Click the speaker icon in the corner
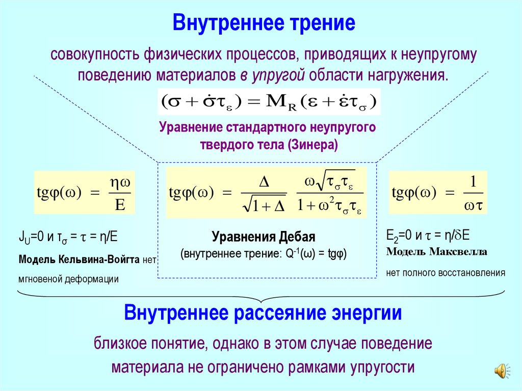(501, 371)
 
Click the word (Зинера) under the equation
(311, 145)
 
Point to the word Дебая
(299, 237)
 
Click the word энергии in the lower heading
(371, 312)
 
